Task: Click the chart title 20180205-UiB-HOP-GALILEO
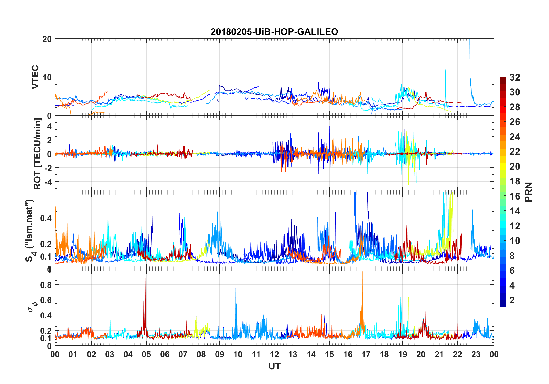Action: [274, 32]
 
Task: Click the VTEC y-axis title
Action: [35, 77]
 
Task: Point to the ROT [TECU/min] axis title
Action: [38, 154]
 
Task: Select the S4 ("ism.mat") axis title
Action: [30, 230]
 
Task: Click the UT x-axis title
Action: [274, 366]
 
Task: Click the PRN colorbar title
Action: [529, 192]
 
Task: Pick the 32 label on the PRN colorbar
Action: [515, 77]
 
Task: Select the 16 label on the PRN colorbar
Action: [515, 196]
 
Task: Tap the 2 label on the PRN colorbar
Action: [512, 300]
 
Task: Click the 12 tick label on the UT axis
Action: [274, 355]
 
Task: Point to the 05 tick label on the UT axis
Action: [146, 355]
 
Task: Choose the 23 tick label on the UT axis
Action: [476, 355]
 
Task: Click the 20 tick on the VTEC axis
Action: [47, 39]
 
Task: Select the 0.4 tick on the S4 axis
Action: [46, 218]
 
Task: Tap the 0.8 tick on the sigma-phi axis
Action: [46, 285]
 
